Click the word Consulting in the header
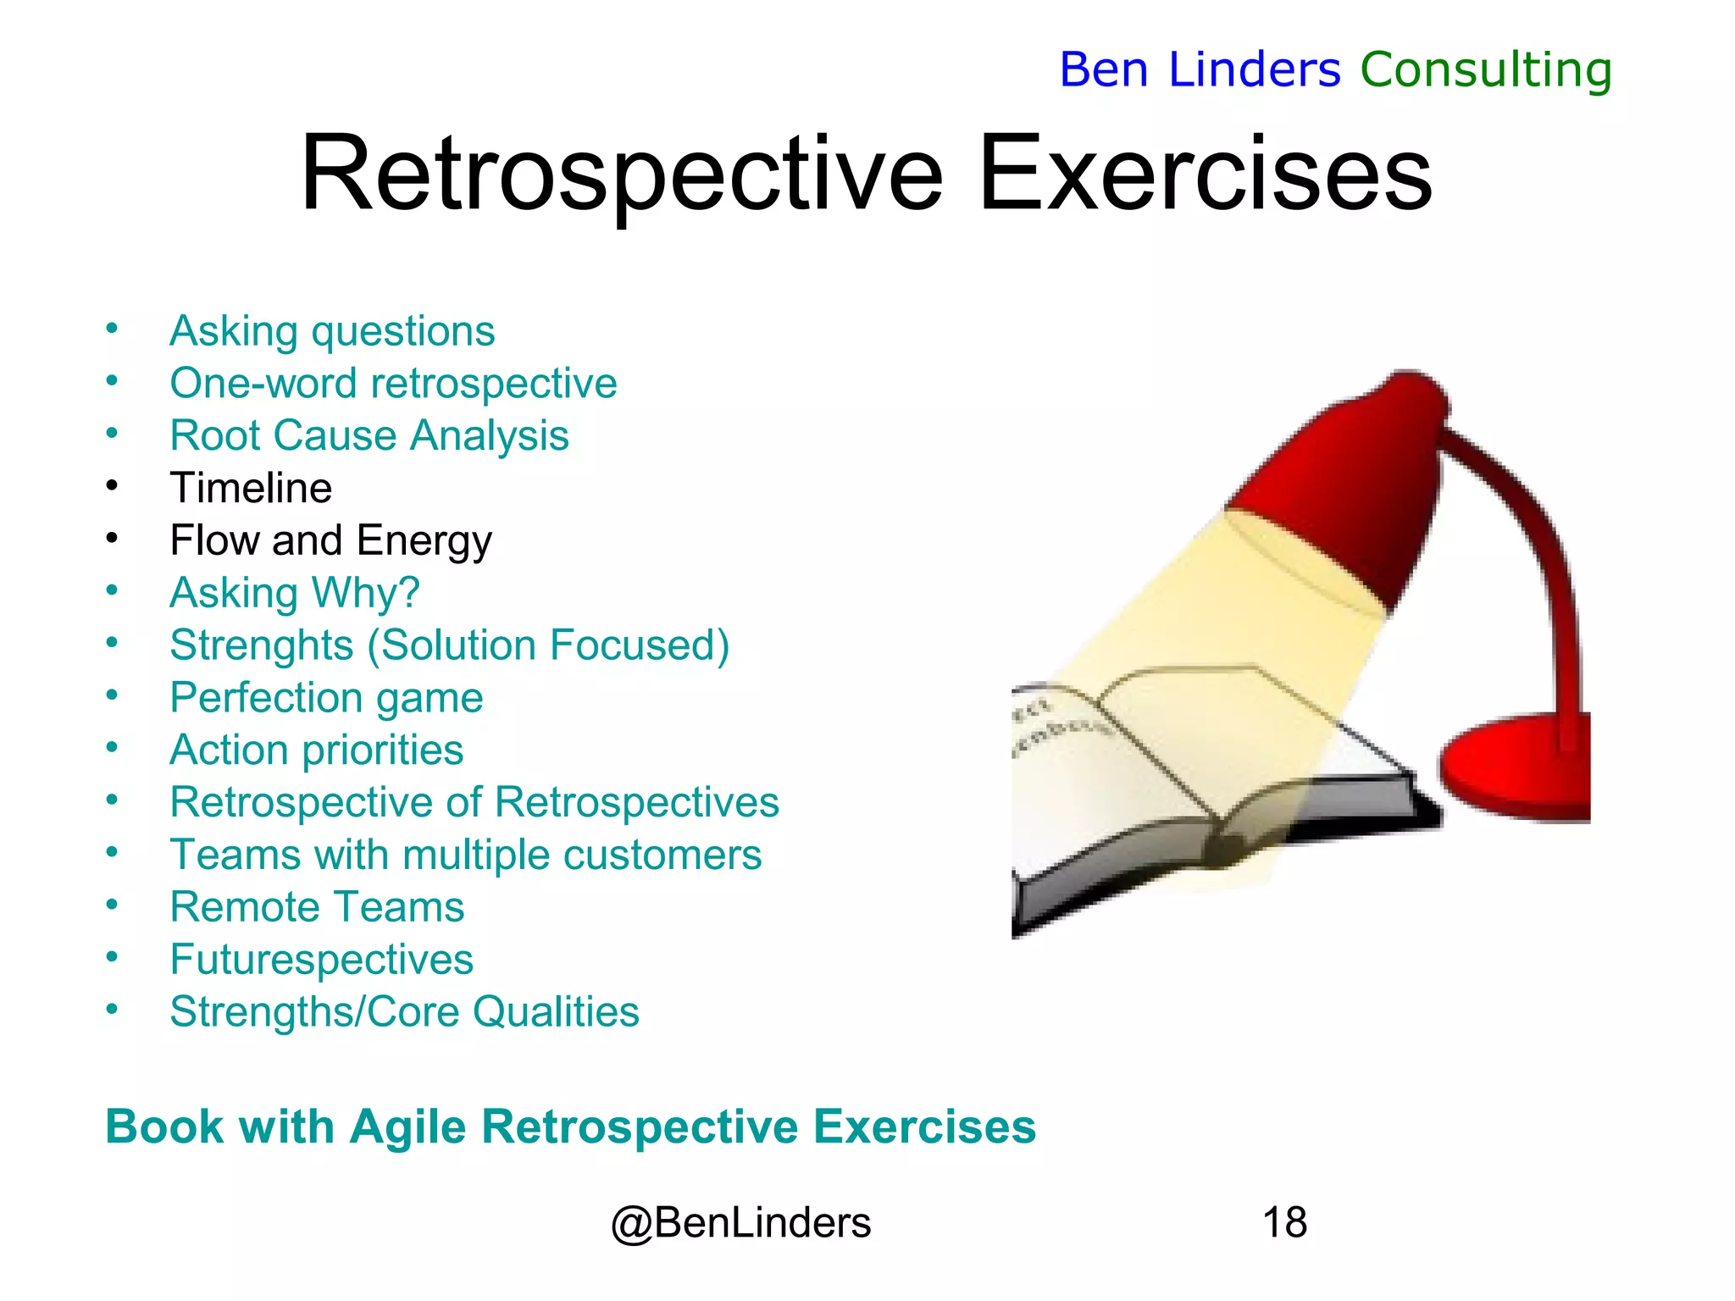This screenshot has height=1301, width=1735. [1485, 69]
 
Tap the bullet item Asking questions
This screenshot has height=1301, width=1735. [331, 331]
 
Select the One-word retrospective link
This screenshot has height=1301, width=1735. [393, 384]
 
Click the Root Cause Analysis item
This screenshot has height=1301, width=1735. [369, 436]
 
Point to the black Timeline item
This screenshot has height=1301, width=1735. [251, 489]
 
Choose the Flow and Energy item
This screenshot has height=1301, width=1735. [330, 541]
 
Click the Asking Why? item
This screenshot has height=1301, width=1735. [294, 593]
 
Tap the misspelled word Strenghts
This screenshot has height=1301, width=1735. [261, 645]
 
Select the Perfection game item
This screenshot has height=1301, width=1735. [326, 698]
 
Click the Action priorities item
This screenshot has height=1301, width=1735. [316, 750]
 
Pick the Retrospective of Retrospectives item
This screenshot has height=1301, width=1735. [474, 803]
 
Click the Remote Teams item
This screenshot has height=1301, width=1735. [317, 907]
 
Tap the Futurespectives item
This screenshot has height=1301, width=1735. [321, 960]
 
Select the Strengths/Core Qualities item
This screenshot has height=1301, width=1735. [404, 1012]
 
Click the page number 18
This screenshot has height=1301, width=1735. [1283, 1223]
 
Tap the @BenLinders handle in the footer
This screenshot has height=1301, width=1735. [740, 1223]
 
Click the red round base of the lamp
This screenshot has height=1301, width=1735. [1516, 767]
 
